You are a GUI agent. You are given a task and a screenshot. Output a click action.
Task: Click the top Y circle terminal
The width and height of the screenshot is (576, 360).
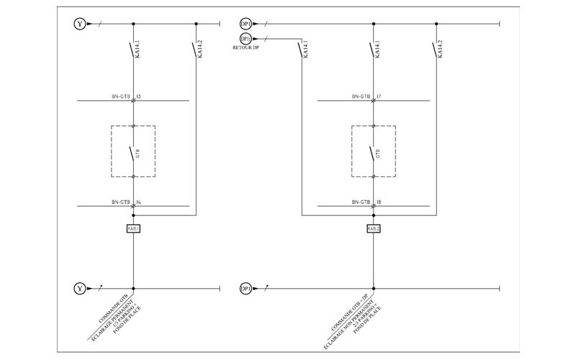click(78, 24)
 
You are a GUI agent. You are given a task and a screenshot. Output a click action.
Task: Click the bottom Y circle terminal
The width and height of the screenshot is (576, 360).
click(78, 289)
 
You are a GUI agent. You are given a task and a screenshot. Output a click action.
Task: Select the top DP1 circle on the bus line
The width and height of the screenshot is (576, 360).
click(245, 24)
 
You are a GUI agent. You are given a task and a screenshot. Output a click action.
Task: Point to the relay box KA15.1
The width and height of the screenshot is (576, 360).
click(133, 228)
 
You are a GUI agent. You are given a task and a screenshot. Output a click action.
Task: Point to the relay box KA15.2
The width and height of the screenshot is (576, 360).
click(373, 228)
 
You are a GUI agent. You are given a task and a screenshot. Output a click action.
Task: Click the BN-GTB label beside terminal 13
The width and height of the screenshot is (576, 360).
click(121, 96)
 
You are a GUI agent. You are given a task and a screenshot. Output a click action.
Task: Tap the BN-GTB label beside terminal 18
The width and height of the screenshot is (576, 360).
click(361, 202)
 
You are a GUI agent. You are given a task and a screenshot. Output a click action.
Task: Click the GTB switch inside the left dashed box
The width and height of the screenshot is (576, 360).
click(132, 152)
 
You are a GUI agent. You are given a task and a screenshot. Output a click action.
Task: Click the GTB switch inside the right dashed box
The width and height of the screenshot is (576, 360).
click(372, 152)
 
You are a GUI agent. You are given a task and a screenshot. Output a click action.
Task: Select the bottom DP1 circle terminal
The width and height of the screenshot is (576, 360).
click(245, 289)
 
